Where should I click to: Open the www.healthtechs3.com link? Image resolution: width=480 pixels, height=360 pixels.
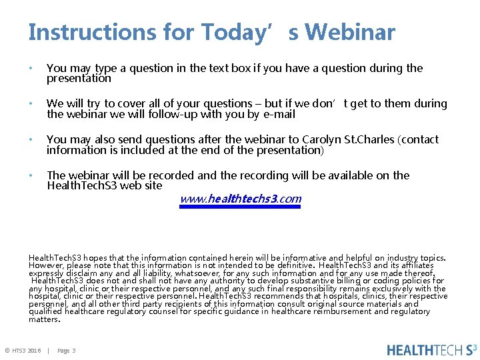241,199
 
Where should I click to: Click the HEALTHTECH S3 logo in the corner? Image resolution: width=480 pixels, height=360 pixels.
432,349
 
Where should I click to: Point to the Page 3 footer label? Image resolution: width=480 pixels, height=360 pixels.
67,351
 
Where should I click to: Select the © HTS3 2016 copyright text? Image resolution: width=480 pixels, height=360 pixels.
23,351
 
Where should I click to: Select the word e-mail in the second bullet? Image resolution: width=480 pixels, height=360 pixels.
279,114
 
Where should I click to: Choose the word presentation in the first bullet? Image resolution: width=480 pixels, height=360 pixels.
79,79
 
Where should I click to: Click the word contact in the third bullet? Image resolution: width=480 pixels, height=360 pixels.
420,139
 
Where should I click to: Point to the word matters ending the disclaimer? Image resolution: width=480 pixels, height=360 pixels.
43,319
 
